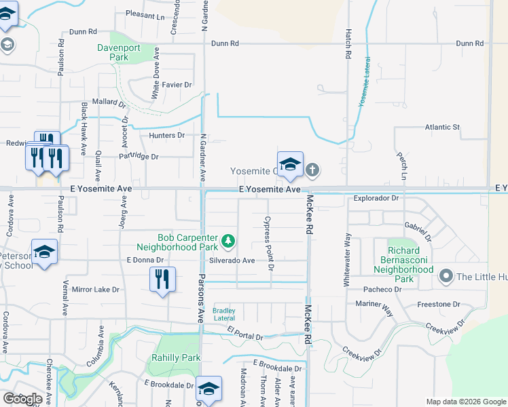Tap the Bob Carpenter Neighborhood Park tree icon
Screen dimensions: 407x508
229,240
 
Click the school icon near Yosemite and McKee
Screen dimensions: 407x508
290,163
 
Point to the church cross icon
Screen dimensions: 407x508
312,169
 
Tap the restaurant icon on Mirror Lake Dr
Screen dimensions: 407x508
162,279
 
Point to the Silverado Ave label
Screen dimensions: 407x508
232,260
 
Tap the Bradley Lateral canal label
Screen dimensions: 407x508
224,313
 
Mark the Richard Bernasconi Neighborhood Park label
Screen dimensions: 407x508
404,265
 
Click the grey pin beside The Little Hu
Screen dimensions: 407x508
446,275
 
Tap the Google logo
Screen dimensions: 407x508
22,398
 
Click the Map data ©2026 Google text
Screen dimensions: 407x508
465,402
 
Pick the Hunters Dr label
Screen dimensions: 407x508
167,135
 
